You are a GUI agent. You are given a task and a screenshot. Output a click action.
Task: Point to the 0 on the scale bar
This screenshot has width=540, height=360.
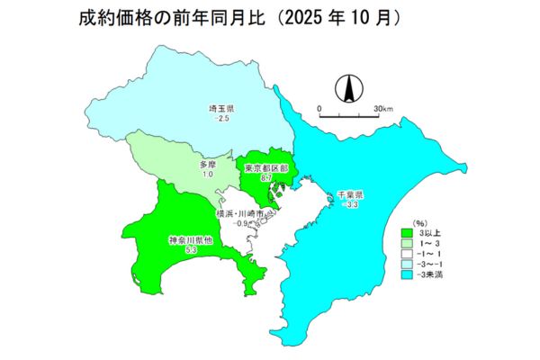319,109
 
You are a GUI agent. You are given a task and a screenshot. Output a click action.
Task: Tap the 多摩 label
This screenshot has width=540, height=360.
207,165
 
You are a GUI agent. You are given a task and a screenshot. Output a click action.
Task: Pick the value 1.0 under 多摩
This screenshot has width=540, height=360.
207,175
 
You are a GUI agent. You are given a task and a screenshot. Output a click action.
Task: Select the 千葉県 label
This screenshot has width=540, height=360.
349,195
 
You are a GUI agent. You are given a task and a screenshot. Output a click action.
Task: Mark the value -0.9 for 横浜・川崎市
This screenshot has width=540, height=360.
241,223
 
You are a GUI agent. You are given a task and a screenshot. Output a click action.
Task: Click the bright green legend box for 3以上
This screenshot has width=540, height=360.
406,232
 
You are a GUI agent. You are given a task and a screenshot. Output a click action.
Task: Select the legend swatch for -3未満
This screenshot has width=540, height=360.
406,274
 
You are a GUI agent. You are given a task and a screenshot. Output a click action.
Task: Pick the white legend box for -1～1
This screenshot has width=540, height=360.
406,253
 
